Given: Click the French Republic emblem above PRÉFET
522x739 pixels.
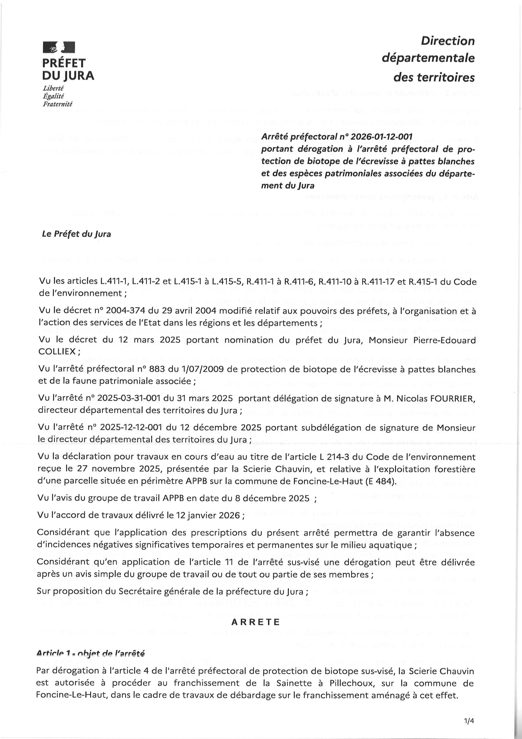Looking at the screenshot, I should point(59,47).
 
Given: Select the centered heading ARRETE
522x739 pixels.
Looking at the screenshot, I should point(256,622).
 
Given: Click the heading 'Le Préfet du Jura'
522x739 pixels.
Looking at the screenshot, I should point(76,234).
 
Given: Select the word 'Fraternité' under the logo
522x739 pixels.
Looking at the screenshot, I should point(58,104).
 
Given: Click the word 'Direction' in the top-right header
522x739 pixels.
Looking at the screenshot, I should point(448,41).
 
